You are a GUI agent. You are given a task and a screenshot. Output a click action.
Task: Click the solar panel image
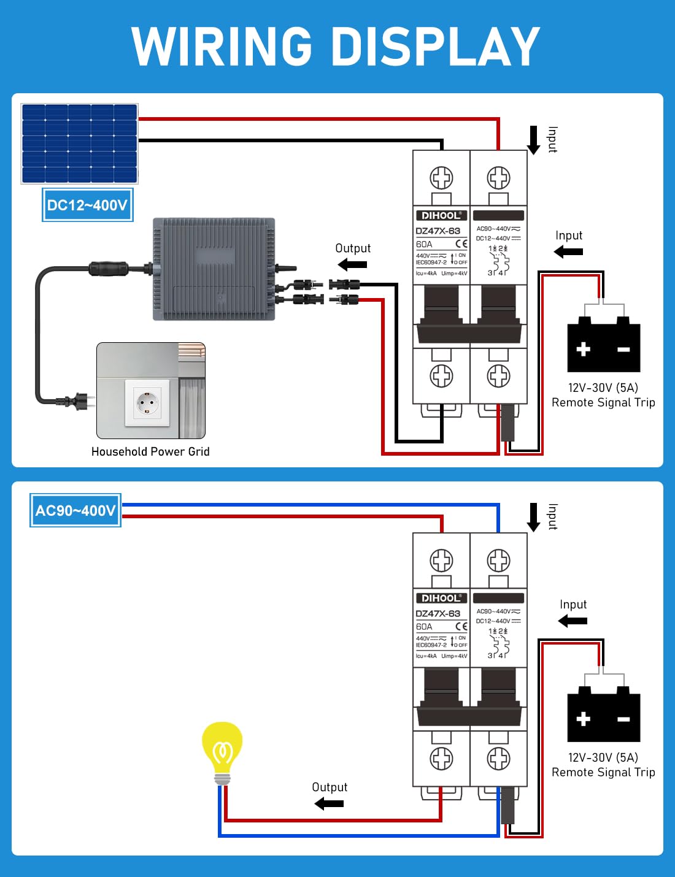click(79, 144)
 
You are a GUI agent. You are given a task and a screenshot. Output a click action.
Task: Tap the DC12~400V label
click(87, 205)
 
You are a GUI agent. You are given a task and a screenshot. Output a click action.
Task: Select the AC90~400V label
click(75, 510)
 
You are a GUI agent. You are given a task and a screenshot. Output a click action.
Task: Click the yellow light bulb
click(222, 750)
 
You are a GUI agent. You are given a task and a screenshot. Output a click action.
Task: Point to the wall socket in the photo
click(147, 402)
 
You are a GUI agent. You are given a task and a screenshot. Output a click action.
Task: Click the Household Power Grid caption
click(150, 451)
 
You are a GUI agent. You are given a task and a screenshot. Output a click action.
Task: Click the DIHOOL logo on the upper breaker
click(441, 215)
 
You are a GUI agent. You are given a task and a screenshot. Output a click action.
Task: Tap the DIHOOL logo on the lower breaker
click(441, 598)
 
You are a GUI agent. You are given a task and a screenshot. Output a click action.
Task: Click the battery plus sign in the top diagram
click(583, 349)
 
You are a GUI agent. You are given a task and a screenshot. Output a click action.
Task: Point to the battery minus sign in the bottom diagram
click(623, 719)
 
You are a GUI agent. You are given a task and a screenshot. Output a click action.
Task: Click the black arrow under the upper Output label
click(352, 265)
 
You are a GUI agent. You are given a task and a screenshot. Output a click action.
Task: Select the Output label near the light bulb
click(330, 787)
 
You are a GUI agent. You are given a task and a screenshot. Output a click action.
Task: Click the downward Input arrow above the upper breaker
click(534, 140)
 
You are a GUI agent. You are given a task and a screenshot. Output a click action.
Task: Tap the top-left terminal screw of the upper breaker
click(441, 178)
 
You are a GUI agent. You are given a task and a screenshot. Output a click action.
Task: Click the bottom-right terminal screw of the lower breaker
click(498, 759)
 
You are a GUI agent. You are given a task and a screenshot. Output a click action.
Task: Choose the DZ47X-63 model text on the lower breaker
click(438, 613)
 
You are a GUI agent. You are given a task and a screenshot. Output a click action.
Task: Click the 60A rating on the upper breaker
click(424, 244)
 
